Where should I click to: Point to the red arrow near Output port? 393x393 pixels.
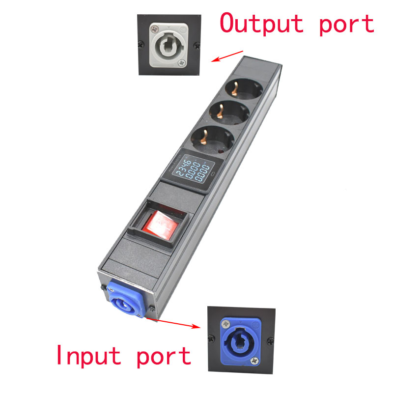(227, 56)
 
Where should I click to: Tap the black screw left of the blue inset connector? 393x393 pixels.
(211, 337)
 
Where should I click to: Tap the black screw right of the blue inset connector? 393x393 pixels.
(269, 338)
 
